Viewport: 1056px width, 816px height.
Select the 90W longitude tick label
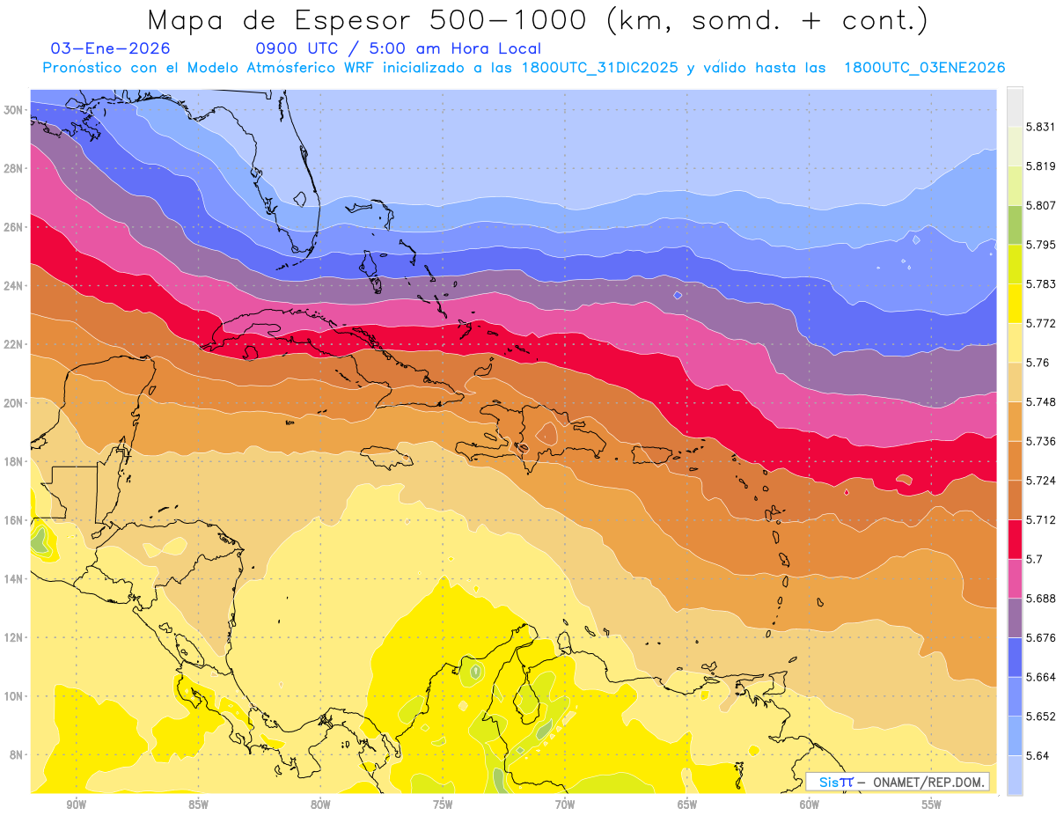(x=76, y=805)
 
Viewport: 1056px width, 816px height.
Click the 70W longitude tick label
(x=565, y=805)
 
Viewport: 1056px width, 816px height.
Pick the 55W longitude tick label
(x=931, y=805)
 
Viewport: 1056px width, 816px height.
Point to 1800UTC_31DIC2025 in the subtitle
(x=599, y=68)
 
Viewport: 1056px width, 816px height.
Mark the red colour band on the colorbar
(x=1015, y=536)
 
